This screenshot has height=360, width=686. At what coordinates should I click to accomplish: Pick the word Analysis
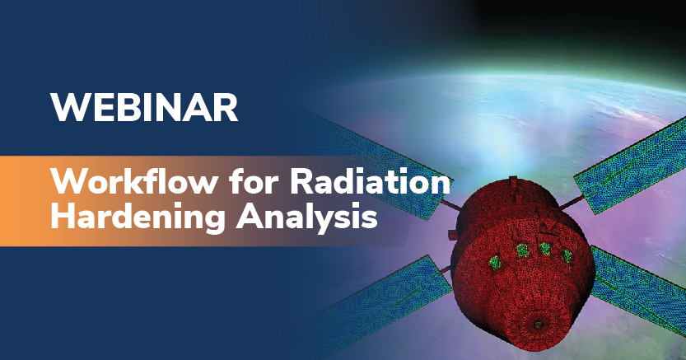click(x=305, y=219)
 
